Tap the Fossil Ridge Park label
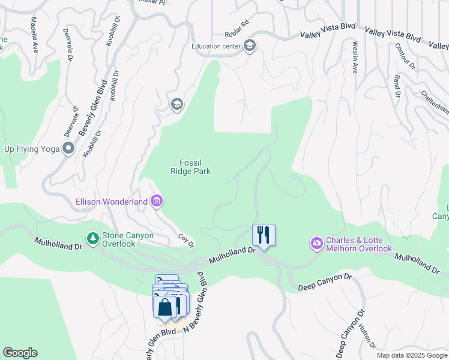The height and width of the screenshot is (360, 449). (x=195, y=167)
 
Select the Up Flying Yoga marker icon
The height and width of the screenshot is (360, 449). (x=69, y=148)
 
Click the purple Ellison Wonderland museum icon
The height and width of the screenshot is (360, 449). (x=156, y=201)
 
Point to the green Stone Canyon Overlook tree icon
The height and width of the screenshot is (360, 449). (x=92, y=239)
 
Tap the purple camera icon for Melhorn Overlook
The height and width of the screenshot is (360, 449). (x=316, y=243)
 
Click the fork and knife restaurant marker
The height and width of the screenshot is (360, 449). (x=263, y=234)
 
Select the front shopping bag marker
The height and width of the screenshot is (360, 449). (x=164, y=307)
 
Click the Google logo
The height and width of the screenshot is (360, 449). (x=20, y=353)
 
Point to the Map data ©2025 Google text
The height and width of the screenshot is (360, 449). (x=412, y=355)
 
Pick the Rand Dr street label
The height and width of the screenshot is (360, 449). (x=397, y=86)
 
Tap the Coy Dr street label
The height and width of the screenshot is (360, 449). (x=187, y=241)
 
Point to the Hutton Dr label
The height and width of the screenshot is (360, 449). (x=366, y=336)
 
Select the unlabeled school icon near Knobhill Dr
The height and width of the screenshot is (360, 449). (x=176, y=105)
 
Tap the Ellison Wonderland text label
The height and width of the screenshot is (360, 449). (x=111, y=202)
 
